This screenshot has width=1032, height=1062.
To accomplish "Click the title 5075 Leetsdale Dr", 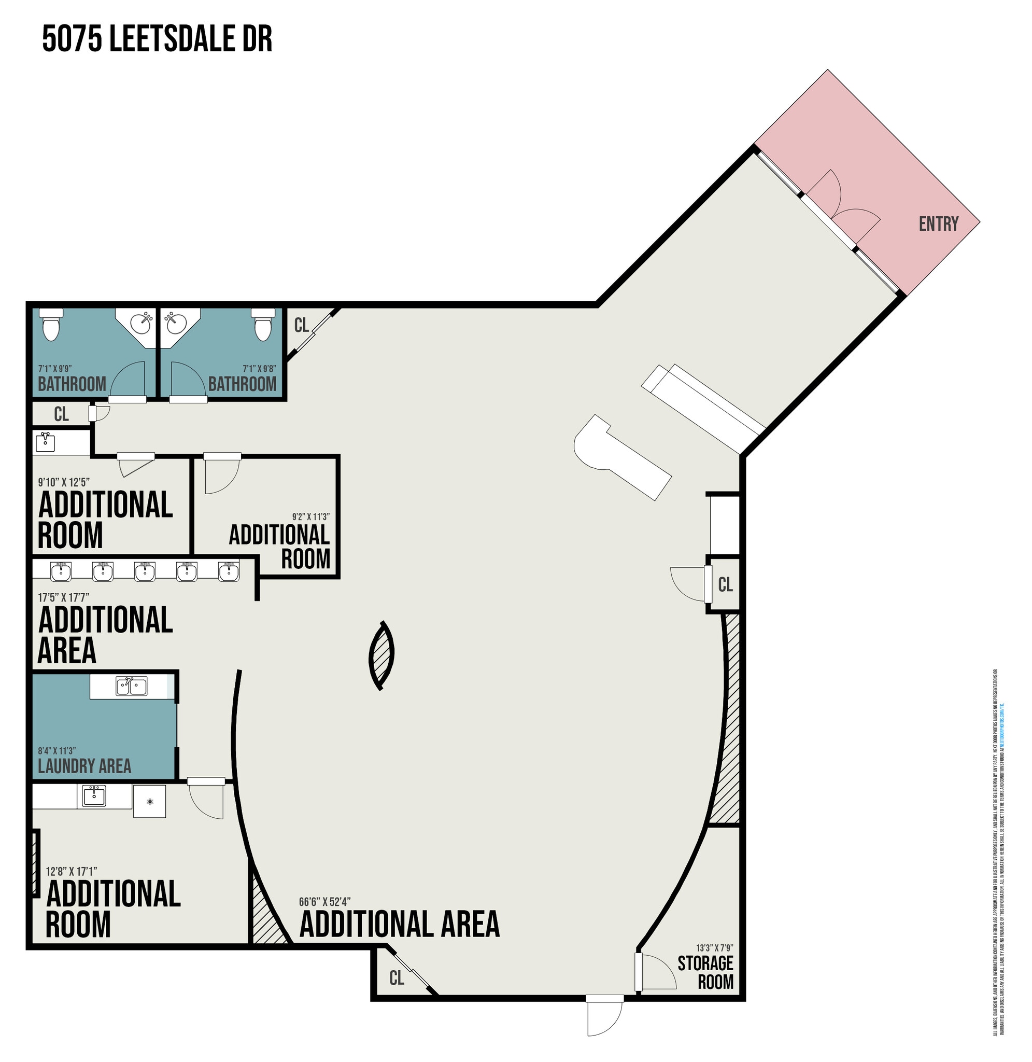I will pos(157,39).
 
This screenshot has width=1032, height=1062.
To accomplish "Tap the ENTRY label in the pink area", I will pos(938,224).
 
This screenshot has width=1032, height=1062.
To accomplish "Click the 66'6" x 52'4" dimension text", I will pos(324,902).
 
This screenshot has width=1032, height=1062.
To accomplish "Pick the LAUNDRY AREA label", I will pos(84,766).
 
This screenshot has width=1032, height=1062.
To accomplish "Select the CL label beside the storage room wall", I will pos(725,584).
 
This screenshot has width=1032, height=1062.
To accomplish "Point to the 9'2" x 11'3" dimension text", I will pos(310,516).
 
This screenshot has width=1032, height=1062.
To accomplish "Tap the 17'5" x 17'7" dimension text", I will pos(63,597).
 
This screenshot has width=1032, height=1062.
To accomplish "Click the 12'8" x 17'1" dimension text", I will pos(72,871).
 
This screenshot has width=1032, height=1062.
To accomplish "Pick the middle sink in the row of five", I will pos(145,571).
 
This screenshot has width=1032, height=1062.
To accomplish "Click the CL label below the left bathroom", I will pos(61,414).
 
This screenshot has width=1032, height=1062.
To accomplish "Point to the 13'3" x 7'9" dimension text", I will pos(714,947).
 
